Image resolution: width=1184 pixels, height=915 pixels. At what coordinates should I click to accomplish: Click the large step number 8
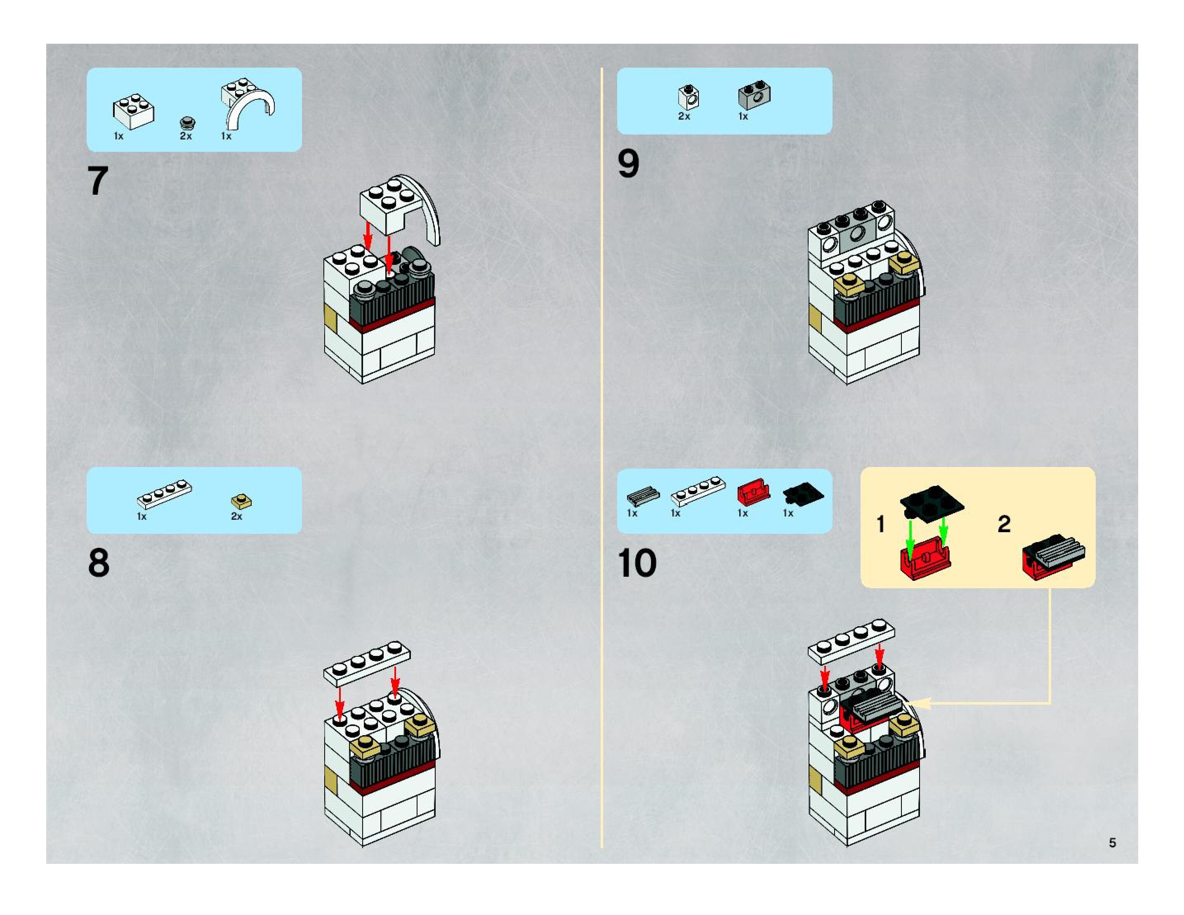pos(99,563)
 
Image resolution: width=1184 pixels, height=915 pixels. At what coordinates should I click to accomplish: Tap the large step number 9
pos(628,164)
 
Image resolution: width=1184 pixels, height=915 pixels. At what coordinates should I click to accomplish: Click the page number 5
pos(1112,842)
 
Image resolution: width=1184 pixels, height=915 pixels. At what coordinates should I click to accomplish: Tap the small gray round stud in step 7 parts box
pos(188,123)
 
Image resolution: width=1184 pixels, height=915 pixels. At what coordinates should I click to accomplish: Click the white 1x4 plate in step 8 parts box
pos(164,493)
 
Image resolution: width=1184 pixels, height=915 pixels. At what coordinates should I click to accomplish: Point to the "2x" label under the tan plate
pos(236,516)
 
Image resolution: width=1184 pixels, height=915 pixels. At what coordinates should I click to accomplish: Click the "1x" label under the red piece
pos(743,513)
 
